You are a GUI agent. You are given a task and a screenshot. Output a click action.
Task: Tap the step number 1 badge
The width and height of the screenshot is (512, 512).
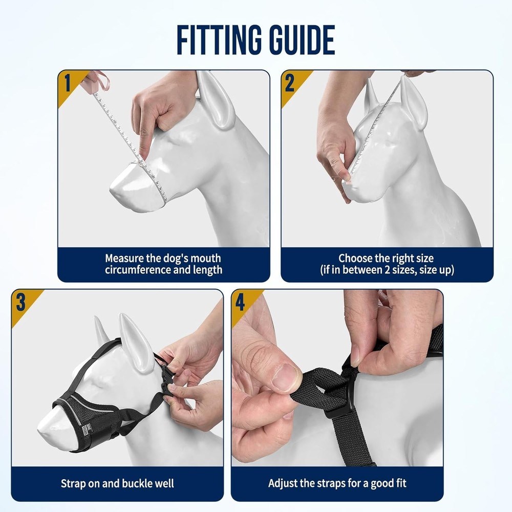pyautogui.click(x=68, y=83)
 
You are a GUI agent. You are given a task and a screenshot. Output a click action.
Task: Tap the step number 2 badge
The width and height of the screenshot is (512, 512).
pyautogui.click(x=290, y=83)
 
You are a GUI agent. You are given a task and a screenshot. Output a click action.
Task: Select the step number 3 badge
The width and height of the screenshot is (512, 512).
pyautogui.click(x=20, y=302)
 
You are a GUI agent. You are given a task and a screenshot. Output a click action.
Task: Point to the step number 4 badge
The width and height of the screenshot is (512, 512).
pyautogui.click(x=240, y=302)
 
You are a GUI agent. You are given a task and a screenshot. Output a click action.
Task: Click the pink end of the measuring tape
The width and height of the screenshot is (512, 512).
pyautogui.click(x=98, y=81)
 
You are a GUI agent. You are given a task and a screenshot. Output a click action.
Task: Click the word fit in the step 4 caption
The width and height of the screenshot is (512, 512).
pyautogui.click(x=400, y=483)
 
